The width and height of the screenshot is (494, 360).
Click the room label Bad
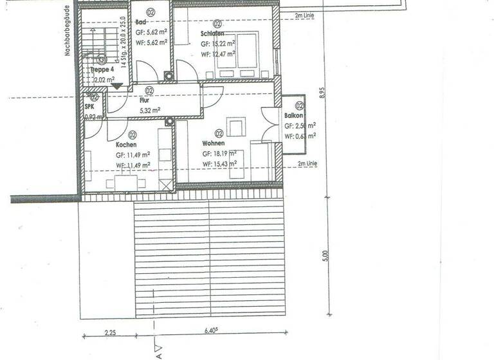tap(140, 21)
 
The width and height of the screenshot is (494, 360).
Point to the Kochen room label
tap(126, 145)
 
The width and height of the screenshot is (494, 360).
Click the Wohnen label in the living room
tap(213, 144)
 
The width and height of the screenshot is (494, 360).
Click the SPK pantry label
tap(89, 107)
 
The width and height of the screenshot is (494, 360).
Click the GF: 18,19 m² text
tap(219, 154)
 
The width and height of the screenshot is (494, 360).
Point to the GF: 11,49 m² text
tap(133, 155)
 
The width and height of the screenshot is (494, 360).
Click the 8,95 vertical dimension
tap(326, 93)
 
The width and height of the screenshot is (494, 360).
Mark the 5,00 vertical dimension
tap(326, 256)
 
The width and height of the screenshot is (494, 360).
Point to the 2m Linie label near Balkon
tap(307, 164)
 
